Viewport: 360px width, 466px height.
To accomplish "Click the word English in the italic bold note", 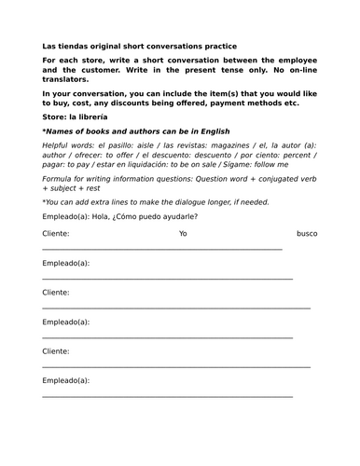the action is point(211,131).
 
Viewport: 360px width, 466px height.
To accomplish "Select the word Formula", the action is point(59,189).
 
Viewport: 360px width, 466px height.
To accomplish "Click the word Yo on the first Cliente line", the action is point(183,234).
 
